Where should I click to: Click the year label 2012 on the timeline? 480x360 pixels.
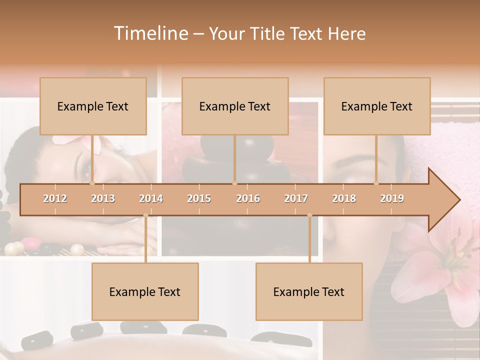pyautogui.click(x=55, y=198)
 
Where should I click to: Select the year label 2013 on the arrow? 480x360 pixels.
pyautogui.click(x=103, y=198)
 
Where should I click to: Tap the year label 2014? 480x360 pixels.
pyautogui.click(x=151, y=198)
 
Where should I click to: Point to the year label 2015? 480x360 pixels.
pyautogui.click(x=199, y=198)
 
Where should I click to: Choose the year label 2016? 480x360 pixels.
pyautogui.click(x=248, y=198)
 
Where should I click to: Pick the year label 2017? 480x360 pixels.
pyautogui.click(x=296, y=198)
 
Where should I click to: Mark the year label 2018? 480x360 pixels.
pyautogui.click(x=344, y=198)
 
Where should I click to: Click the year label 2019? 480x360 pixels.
pyautogui.click(x=392, y=198)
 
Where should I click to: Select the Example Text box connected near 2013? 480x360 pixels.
pyautogui.click(x=93, y=106)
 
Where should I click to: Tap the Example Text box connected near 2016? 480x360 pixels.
pyautogui.click(x=235, y=106)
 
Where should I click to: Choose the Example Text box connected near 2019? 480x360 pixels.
pyautogui.click(x=377, y=106)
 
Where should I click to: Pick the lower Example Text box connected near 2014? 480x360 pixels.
pyautogui.click(x=145, y=291)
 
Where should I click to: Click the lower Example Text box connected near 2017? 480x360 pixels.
pyautogui.click(x=309, y=291)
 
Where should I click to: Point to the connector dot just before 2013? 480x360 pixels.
pyautogui.click(x=92, y=183)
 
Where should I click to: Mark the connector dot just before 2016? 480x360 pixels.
pyautogui.click(x=234, y=183)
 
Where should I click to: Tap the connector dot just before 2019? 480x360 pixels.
pyautogui.click(x=376, y=183)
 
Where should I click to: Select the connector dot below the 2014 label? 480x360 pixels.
pyautogui.click(x=145, y=215)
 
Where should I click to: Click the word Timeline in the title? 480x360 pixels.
pyautogui.click(x=150, y=33)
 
